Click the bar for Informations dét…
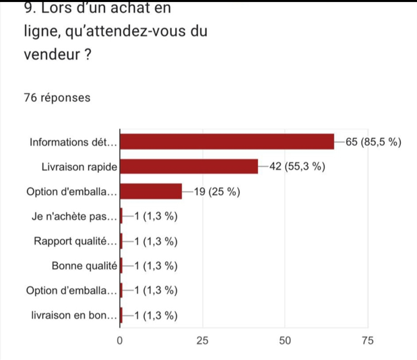(x=227, y=141)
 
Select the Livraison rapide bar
(x=189, y=166)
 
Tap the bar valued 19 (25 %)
(x=151, y=191)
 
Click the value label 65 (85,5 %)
(x=373, y=141)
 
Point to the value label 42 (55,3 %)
(x=296, y=166)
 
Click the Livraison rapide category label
(x=79, y=166)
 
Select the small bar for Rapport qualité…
(x=121, y=241)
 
